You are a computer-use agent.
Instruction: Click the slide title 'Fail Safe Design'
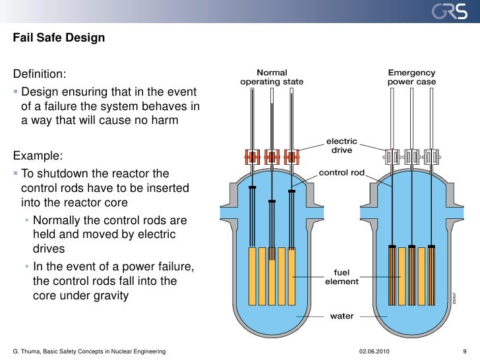(x=59, y=38)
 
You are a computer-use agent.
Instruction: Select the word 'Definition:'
(x=40, y=73)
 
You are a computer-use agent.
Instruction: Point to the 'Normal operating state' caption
(x=272, y=77)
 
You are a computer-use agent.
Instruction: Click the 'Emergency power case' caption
(x=411, y=77)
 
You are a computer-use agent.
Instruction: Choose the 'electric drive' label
(x=342, y=146)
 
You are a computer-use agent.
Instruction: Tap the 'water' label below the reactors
(x=342, y=316)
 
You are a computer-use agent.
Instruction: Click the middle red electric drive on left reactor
(x=272, y=157)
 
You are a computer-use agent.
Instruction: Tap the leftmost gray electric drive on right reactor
(x=392, y=157)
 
